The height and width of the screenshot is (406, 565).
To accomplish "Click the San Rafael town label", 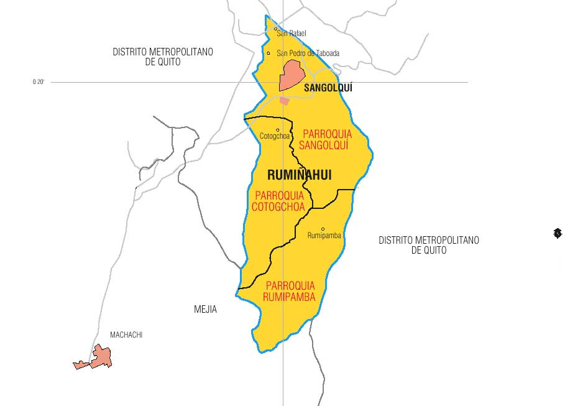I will (x=292, y=34).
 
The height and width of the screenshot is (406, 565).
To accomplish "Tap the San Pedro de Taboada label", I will (x=308, y=53).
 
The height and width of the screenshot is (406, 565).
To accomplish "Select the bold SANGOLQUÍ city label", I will (x=328, y=88).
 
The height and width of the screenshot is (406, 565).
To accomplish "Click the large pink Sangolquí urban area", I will (x=291, y=75).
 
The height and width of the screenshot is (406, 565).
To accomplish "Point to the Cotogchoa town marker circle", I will (x=277, y=130).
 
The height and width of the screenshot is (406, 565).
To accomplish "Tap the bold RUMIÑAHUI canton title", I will (x=299, y=175).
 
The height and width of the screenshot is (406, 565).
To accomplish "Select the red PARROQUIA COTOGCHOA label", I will (x=278, y=201).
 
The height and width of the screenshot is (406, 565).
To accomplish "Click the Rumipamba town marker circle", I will (x=323, y=229).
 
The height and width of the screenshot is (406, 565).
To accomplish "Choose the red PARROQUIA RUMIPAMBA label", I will (x=290, y=291).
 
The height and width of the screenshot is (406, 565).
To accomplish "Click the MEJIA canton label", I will (x=205, y=309).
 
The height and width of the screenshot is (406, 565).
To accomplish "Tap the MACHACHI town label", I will (x=126, y=335).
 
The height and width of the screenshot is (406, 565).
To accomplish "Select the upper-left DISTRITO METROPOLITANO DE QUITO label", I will (x=162, y=57).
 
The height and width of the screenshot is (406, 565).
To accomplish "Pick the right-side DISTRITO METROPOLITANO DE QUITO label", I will (x=429, y=245).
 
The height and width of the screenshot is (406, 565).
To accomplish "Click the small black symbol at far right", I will (x=558, y=233).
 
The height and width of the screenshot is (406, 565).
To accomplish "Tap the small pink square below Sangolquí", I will (x=285, y=101).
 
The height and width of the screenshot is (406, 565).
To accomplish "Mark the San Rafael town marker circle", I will (x=275, y=29).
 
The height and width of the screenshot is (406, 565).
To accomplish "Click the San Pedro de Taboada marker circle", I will (x=269, y=53).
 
